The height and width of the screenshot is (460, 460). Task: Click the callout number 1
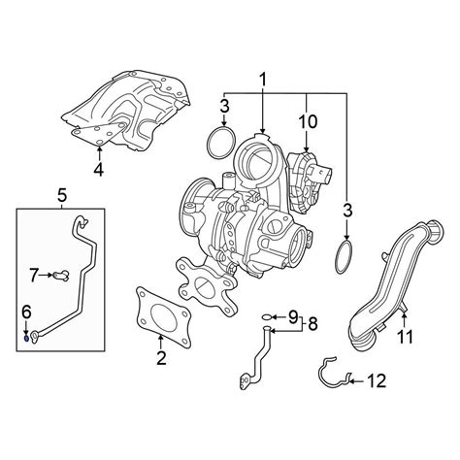coord(263,80)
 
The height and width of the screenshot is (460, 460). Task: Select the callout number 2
coord(161,358)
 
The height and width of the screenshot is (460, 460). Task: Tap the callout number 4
coord(99,169)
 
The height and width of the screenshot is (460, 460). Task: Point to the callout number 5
coord(62,195)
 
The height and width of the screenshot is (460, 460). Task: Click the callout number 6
coord(26,312)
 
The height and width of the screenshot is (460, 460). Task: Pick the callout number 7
coord(34,276)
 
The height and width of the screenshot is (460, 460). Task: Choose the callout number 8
coord(312,323)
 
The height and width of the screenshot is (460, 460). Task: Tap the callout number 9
coord(293,316)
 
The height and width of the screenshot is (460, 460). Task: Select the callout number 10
coord(308,121)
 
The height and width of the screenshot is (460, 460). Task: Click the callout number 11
coord(405,337)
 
